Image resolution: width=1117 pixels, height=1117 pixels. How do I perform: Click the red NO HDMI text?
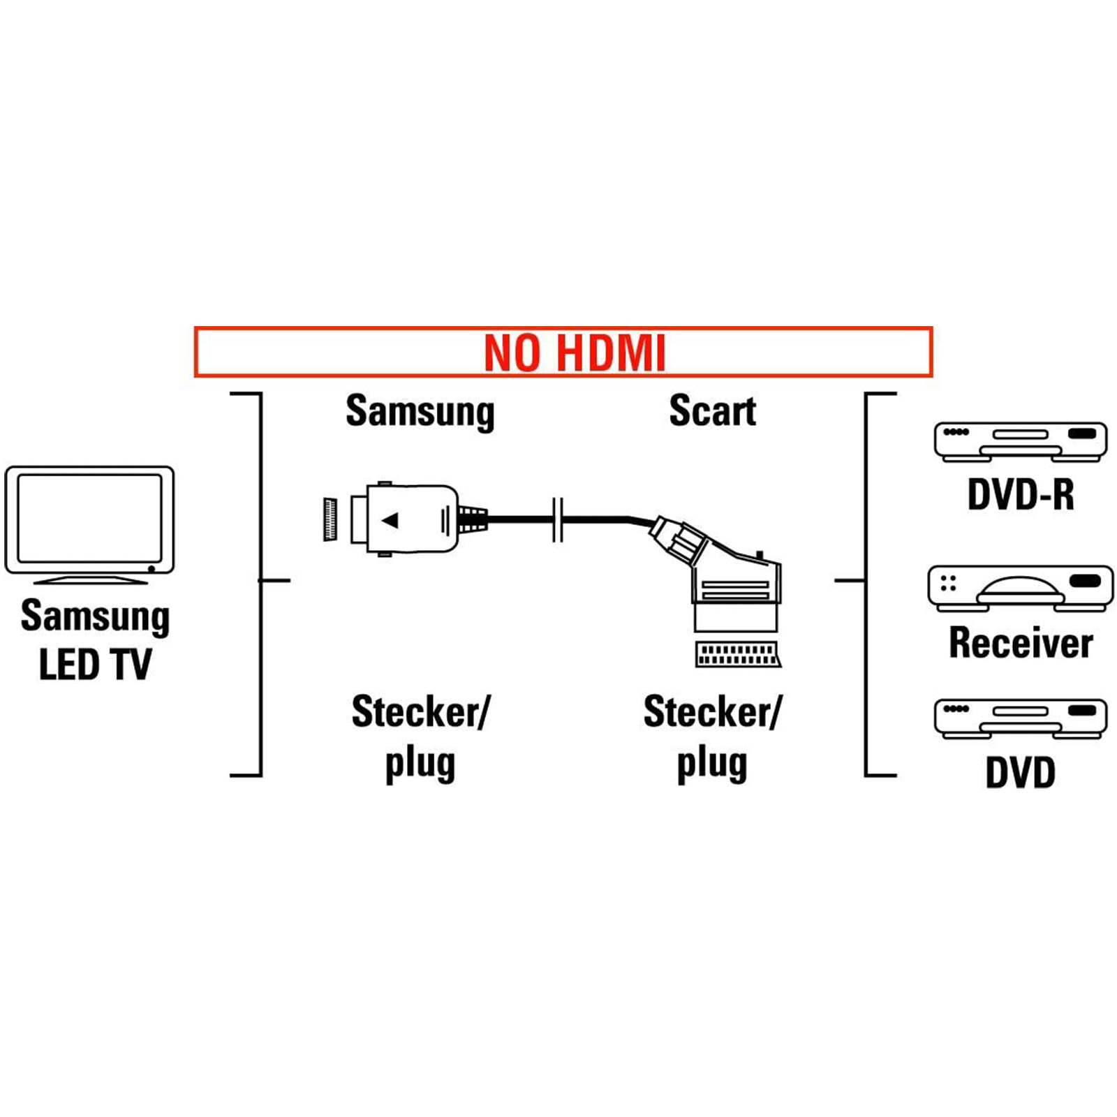575,353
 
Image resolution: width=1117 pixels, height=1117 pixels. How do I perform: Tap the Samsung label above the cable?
420,411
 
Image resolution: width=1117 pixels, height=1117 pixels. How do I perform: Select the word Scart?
712,410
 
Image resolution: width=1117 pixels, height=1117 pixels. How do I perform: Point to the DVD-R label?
1021,495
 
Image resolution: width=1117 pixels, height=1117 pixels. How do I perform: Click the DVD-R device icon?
1021,441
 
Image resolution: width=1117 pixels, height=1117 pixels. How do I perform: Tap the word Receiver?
1021,643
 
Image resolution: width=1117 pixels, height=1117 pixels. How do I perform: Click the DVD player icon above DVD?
1021,718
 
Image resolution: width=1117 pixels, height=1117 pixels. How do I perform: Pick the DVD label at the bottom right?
1021,773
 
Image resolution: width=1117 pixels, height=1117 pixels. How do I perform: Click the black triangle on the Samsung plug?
390,520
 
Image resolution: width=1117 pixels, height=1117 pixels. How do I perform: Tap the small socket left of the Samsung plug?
330,519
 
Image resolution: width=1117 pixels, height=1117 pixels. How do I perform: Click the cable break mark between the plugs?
558,520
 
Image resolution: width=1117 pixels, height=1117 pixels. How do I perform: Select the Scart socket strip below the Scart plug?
737,654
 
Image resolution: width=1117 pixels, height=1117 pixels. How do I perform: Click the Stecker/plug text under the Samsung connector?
420,737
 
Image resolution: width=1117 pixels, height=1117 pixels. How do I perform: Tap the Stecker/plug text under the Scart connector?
712,737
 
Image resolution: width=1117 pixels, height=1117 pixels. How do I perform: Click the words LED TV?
95,665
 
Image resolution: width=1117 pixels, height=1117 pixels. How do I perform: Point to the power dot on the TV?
151,569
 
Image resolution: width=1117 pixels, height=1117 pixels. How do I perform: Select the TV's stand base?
91,579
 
